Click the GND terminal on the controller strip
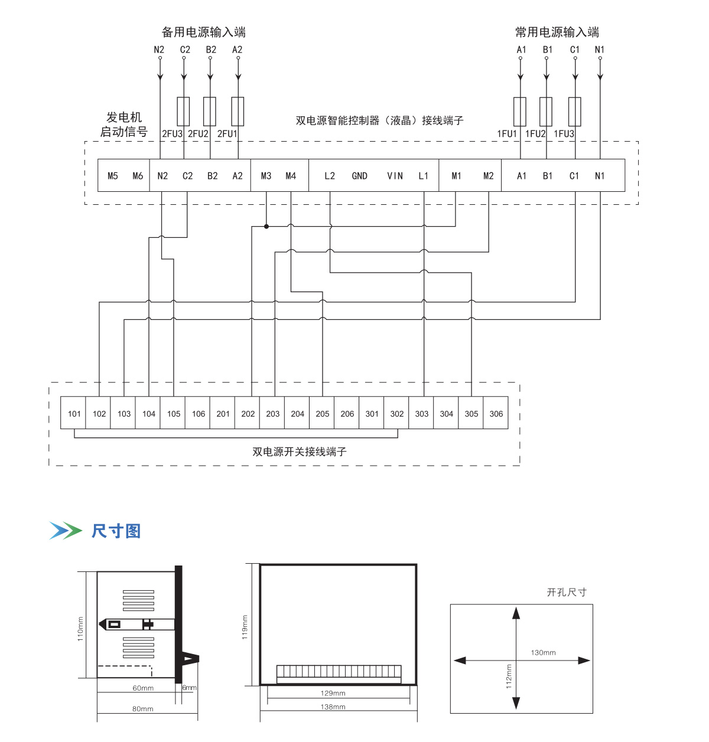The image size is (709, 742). tap(359, 176)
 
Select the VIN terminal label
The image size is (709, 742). tap(395, 176)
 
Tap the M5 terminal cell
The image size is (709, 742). tap(113, 176)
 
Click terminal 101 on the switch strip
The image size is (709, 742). tap(74, 413)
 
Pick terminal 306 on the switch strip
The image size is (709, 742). tap(496, 413)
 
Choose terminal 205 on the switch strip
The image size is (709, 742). tap(322, 413)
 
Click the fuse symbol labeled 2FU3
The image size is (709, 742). tap(184, 111)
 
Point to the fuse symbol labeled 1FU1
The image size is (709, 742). tap(520, 112)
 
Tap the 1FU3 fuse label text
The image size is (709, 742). tap(564, 134)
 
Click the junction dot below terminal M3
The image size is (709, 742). tap(266, 226)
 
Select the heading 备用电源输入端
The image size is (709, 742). tap(203, 32)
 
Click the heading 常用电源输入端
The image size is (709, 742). tap(557, 32)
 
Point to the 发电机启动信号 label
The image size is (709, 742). tap(123, 125)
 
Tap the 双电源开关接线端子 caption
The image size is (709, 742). tap(300, 452)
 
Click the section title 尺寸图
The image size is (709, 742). tap(116, 531)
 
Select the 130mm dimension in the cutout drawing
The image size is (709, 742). tap(543, 652)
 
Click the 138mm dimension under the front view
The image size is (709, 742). tap(333, 707)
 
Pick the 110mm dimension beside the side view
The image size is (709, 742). tap(80, 629)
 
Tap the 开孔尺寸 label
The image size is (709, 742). tap(566, 592)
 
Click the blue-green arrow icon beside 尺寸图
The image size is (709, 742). tap(65, 531)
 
